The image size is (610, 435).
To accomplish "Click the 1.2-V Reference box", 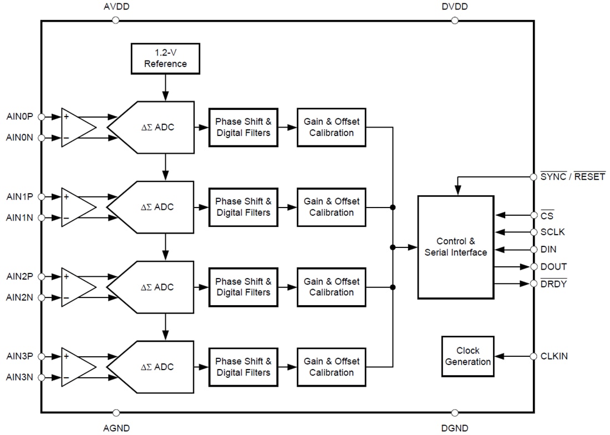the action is pos(165,58).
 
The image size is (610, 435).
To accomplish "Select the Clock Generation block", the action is pos(467,356).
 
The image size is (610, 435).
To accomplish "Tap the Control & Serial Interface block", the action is pos(455,247).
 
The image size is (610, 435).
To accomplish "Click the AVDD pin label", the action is pos(116,7).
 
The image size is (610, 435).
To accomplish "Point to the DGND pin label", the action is pos(454,428).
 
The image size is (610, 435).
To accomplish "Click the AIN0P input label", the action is pos(19,117).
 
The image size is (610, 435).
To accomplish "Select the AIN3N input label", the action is pos(19,377).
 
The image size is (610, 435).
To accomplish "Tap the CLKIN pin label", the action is pos(554,356).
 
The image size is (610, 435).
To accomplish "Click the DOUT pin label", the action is pos(553,266).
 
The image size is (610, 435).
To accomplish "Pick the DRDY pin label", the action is pos(553,284).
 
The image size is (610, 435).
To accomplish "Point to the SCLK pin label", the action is pos(552,232).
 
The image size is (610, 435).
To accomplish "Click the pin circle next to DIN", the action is pos(533,250).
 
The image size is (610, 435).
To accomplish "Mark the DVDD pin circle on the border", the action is pos(454,20).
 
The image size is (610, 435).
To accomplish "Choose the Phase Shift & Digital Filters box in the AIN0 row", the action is pos(243,127).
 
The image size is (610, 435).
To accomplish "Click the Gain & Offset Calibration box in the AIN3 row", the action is pos(332,367).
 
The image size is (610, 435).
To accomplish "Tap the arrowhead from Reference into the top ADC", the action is pos(165,96).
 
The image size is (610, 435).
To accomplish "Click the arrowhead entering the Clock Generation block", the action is pos(500,356).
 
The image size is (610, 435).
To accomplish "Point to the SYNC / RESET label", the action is pos(573,176).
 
